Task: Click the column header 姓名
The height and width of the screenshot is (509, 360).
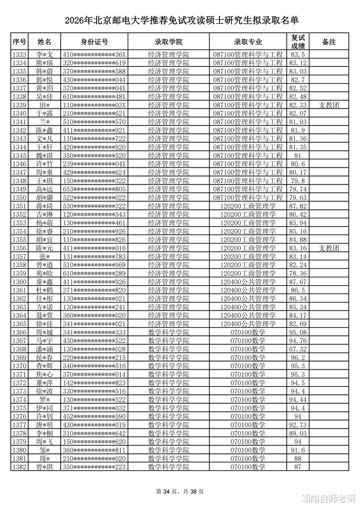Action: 44,42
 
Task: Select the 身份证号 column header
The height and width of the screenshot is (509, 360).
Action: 94,42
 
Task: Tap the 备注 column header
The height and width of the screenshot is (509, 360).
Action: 328,42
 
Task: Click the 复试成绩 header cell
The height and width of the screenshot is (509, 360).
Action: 298,42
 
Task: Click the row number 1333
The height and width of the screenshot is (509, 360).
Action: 19,55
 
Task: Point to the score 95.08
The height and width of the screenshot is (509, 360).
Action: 298,332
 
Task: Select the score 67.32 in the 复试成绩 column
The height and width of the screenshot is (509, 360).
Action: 298,349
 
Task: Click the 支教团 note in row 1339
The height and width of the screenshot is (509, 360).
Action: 328,105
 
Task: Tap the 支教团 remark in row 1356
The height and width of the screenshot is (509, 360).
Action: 328,248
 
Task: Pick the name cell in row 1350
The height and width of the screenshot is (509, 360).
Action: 44,198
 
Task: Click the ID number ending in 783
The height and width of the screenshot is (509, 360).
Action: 94,256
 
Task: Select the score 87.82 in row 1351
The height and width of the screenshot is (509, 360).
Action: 298,206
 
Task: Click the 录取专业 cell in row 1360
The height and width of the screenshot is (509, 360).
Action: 248,282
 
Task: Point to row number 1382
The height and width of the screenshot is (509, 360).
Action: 19,467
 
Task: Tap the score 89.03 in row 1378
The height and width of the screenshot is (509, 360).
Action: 298,434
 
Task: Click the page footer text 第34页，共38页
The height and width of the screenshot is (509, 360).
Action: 180,492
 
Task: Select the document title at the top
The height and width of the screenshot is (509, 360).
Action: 180,21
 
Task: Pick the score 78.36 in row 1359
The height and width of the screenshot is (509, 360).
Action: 298,273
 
